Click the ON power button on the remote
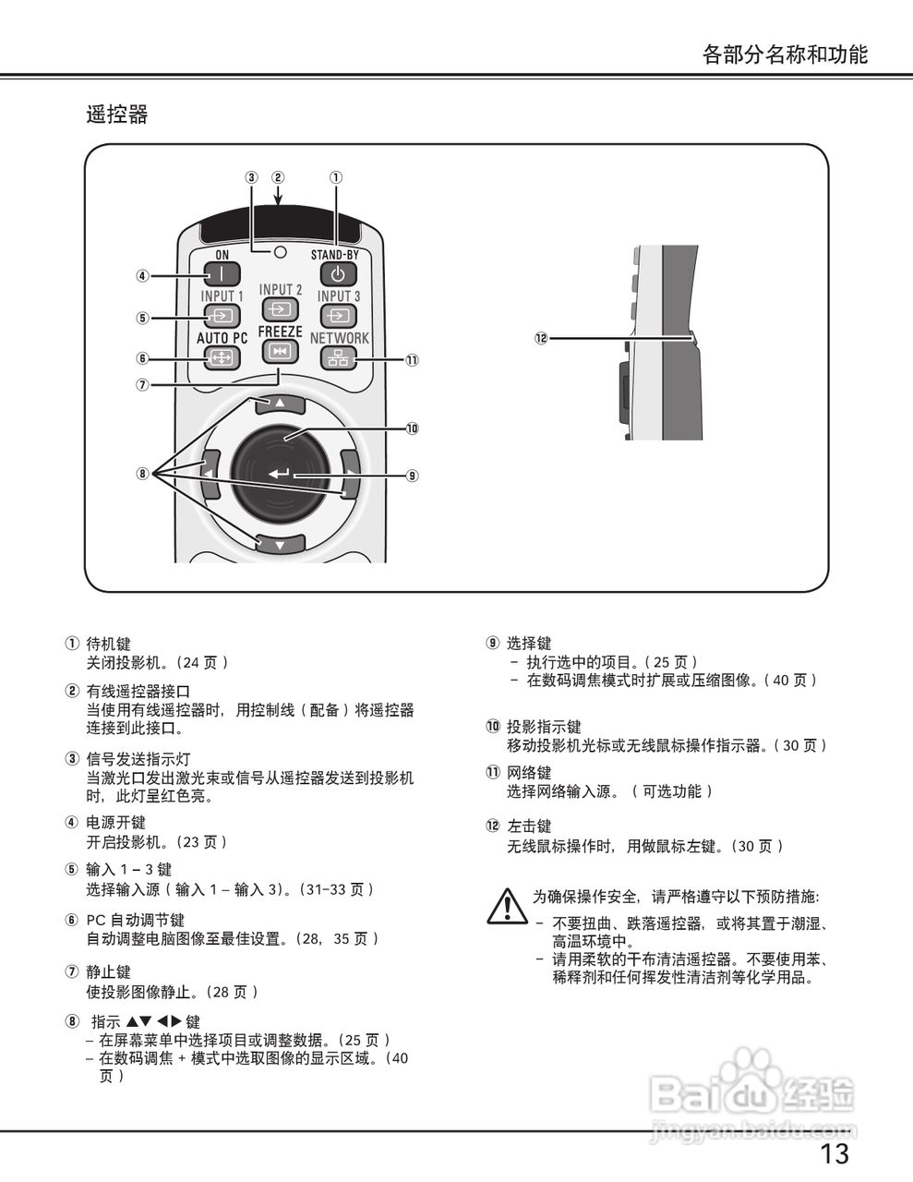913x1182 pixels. tap(222, 274)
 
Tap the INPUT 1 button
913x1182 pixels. tap(222, 316)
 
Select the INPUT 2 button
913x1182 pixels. tap(281, 308)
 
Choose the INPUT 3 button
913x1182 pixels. tap(339, 316)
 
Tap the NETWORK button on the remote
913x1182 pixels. tap(339, 358)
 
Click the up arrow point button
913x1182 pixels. tap(277, 403)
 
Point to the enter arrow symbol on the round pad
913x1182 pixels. tap(280, 475)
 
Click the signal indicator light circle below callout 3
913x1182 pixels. tap(280, 251)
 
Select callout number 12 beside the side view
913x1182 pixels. tap(541, 338)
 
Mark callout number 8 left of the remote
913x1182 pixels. tap(142, 474)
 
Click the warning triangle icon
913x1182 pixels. tap(507, 906)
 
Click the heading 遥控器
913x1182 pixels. tap(117, 115)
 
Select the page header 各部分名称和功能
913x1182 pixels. tap(785, 54)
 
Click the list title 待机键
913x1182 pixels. tap(109, 644)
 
